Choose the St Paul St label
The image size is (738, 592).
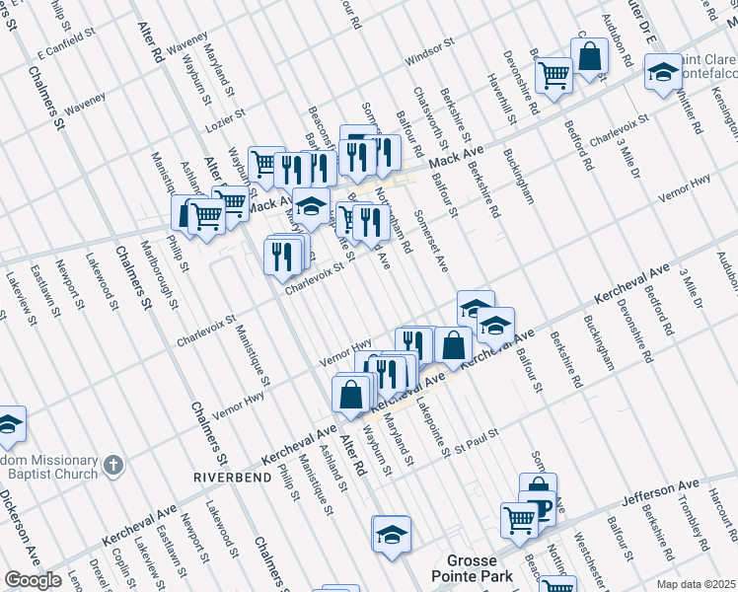pyautogui.click(x=478, y=440)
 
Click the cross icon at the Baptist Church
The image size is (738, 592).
pyautogui.click(x=113, y=463)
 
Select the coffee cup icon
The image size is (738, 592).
pyautogui.click(x=539, y=508)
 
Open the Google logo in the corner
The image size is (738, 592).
pyautogui.click(x=33, y=580)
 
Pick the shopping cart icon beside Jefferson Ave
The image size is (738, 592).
pyautogui.click(x=519, y=518)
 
